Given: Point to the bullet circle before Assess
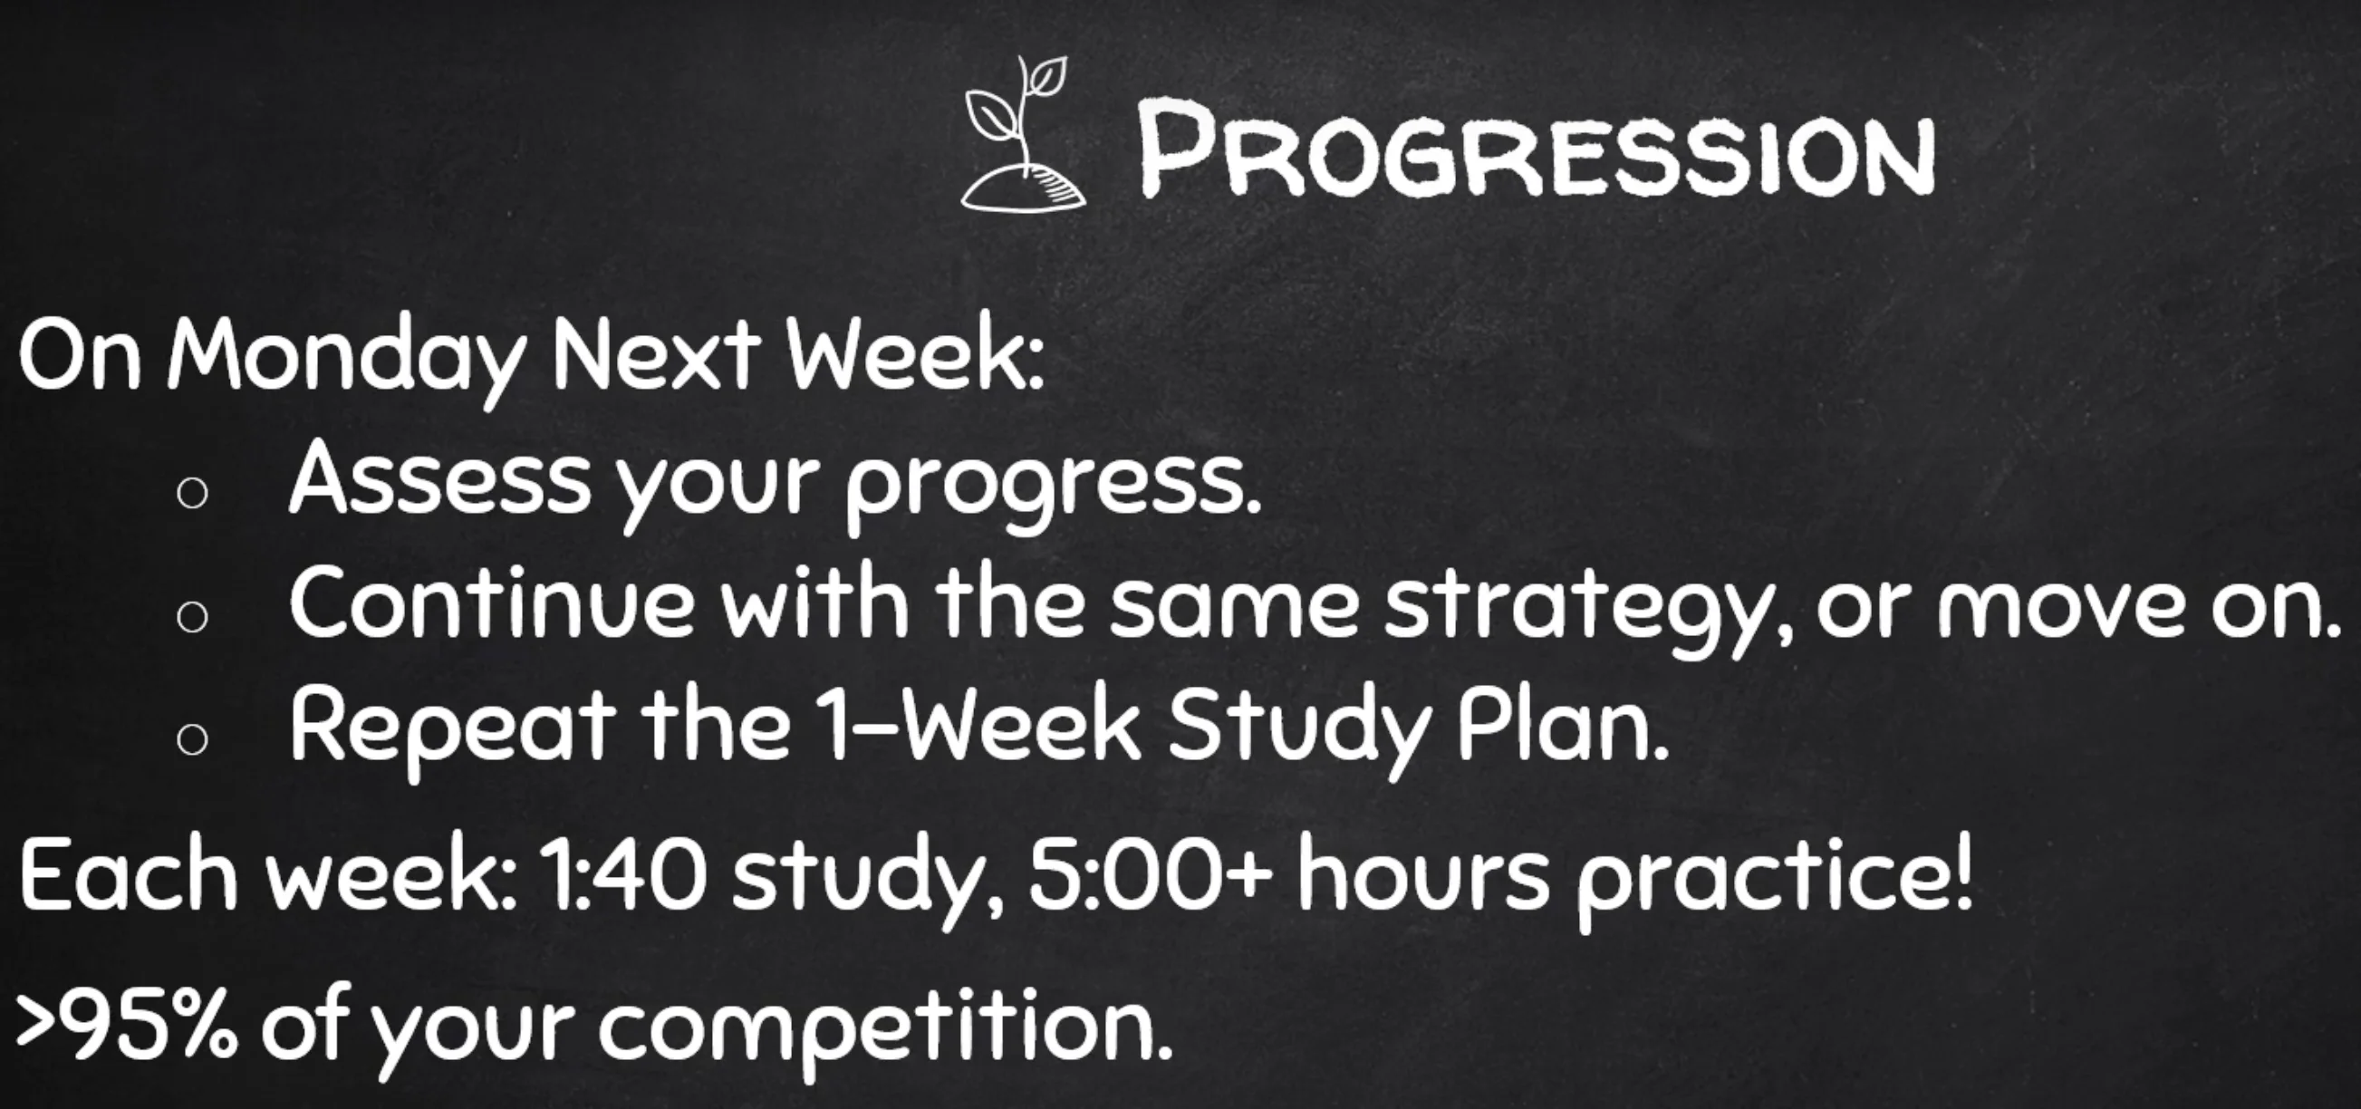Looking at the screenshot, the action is (192, 496).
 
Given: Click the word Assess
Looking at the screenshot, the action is (440, 476).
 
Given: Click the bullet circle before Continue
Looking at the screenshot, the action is (192, 619).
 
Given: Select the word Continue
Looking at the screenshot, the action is (492, 600).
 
